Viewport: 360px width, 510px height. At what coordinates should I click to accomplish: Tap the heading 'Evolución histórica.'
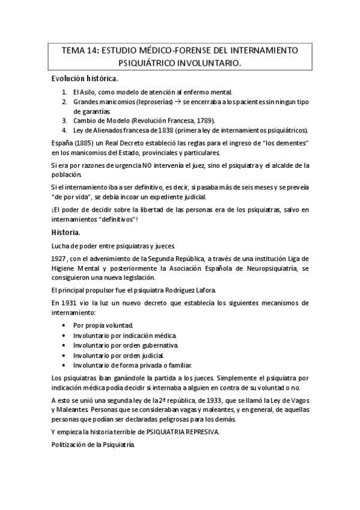pos(84,79)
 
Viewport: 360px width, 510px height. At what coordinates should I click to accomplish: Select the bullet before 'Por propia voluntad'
pos(64,325)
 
